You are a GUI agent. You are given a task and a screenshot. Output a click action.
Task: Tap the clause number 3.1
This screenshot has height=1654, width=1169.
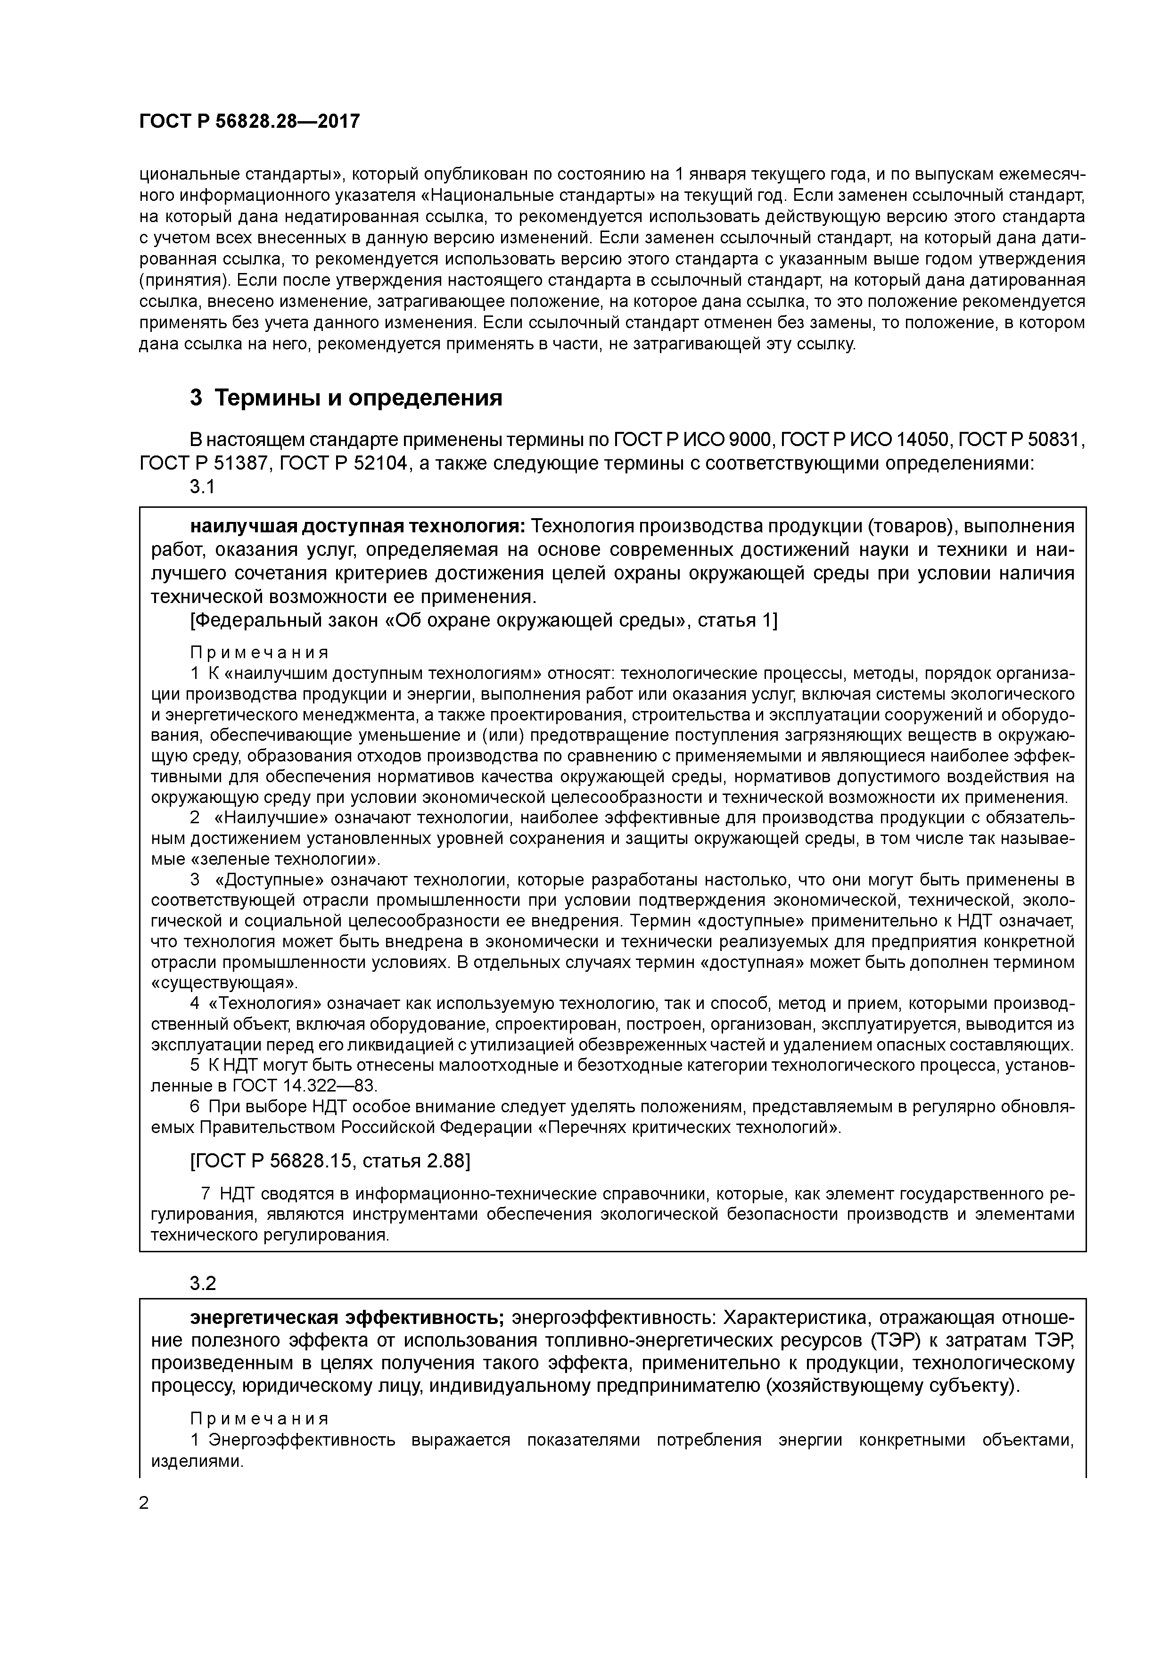pos(202,487)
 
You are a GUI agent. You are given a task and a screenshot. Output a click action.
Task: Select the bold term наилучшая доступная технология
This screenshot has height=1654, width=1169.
pos(358,527)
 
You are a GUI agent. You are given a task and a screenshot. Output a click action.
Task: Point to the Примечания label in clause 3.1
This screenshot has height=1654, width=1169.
pos(259,653)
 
